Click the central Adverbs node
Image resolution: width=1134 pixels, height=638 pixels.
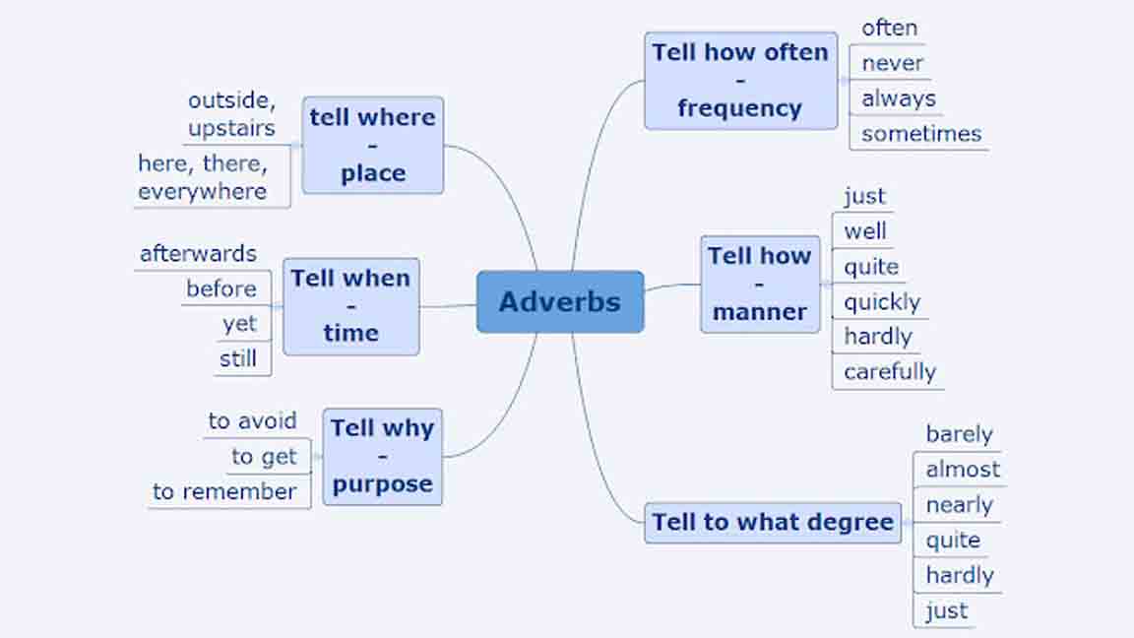point(560,301)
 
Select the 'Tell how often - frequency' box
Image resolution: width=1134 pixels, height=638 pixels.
point(740,81)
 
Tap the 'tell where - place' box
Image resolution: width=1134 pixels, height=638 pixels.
point(372,145)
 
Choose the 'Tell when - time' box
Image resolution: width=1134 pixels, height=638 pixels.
point(350,305)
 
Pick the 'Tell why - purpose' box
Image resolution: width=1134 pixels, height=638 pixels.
point(382,456)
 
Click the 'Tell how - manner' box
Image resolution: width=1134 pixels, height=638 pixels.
point(759,284)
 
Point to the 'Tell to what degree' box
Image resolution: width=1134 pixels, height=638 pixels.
point(773,522)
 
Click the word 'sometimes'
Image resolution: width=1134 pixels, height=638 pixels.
point(921,134)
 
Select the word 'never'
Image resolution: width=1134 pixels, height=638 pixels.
point(892,63)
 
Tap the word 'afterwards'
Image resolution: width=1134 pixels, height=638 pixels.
point(198,253)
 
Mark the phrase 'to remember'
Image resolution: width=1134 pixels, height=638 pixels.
point(224,491)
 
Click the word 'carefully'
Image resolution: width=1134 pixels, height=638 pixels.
point(889,371)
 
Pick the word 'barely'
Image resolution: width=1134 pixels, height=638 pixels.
point(959,434)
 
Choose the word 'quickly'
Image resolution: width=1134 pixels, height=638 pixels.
point(881,301)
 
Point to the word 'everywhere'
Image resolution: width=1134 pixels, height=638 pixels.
point(202,191)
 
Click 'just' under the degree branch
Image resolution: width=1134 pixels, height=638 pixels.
point(946,610)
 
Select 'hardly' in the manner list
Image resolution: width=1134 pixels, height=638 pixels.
point(877,337)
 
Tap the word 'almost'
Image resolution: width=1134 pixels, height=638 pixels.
point(962,470)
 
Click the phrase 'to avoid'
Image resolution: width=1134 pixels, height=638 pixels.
point(252,420)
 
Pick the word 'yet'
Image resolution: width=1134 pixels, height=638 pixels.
point(239,324)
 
